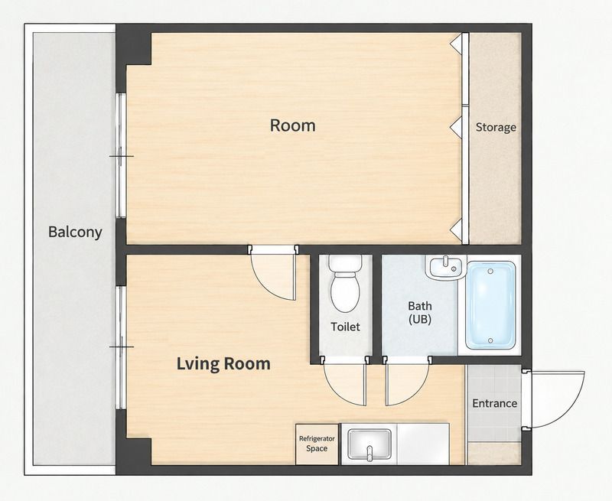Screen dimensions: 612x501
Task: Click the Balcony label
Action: click(x=75, y=232)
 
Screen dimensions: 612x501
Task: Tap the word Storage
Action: click(x=496, y=127)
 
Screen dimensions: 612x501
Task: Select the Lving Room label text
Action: click(x=223, y=363)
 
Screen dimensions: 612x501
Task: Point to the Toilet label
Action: click(x=346, y=326)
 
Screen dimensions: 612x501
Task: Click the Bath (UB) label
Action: click(x=420, y=313)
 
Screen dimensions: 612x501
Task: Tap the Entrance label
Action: click(x=494, y=403)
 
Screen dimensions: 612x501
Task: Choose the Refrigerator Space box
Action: click(x=317, y=444)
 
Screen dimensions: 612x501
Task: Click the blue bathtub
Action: click(x=490, y=305)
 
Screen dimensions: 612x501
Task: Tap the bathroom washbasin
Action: click(x=446, y=267)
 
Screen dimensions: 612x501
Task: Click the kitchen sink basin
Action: click(x=369, y=444)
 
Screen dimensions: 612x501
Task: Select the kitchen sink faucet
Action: click(x=370, y=454)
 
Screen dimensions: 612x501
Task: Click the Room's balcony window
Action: click(x=122, y=155)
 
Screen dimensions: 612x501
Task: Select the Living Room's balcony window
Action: click(x=122, y=347)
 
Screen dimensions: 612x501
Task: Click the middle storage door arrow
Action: click(x=455, y=127)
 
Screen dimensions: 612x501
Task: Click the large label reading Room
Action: click(x=293, y=125)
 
